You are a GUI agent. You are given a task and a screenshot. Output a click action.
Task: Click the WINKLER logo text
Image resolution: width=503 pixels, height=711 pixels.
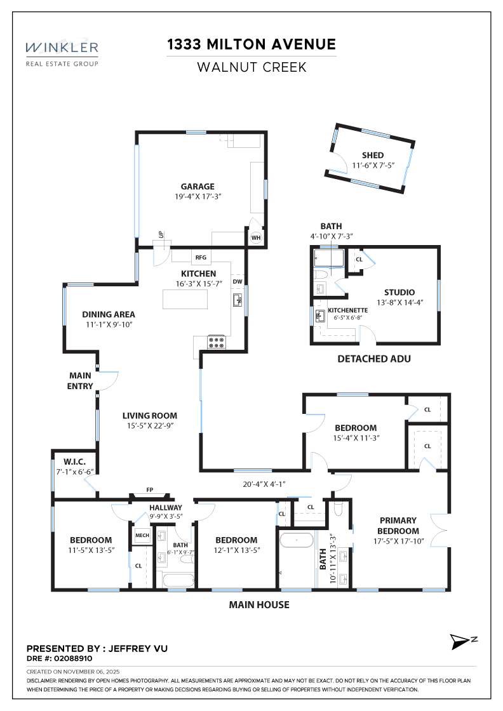[62, 48]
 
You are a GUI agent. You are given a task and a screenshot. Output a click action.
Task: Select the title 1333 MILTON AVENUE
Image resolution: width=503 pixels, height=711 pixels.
[251, 44]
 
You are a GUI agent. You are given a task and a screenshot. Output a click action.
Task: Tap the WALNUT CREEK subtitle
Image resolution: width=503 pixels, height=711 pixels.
[251, 67]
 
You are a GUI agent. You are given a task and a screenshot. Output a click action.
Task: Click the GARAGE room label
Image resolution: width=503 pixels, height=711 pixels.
[198, 187]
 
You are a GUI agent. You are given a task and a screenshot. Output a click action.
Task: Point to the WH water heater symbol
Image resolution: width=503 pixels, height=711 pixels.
[256, 238]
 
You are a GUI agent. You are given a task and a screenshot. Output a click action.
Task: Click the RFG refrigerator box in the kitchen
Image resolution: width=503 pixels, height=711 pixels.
[201, 258]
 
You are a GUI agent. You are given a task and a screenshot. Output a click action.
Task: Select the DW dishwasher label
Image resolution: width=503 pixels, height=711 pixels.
[238, 281]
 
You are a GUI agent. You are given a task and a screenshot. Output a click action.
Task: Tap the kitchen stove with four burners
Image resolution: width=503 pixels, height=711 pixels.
[217, 342]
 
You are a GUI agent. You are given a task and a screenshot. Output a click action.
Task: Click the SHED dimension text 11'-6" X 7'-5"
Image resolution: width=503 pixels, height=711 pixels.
[373, 166]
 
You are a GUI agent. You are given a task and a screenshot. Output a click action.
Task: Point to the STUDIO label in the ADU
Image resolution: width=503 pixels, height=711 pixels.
[399, 292]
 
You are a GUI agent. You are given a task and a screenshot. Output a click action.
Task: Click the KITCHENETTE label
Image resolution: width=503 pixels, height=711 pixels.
[344, 310]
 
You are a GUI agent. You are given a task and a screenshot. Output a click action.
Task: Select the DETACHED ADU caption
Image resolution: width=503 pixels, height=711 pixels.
[374, 359]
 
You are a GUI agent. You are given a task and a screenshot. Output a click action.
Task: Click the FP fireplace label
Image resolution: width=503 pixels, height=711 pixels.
[150, 489]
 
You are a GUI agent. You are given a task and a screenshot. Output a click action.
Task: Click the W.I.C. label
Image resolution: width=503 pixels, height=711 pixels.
[69, 461]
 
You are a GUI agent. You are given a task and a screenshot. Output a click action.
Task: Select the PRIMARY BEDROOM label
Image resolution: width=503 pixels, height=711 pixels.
[398, 526]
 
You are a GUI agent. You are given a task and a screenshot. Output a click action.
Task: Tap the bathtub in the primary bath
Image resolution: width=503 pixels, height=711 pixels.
[297, 541]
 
